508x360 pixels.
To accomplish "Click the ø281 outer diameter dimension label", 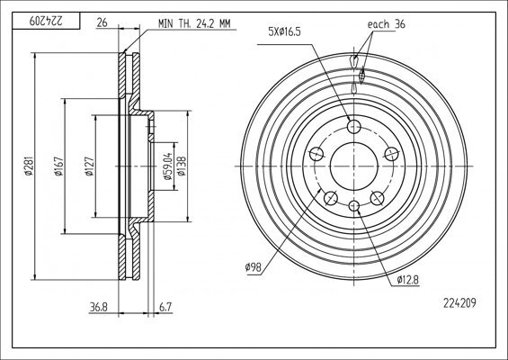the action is (29, 166).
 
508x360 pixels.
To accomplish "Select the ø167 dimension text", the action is (58, 166).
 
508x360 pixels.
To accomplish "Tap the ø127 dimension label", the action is (89, 166).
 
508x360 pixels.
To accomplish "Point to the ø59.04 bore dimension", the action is (167, 166).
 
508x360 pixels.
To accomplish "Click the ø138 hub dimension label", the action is (182, 166).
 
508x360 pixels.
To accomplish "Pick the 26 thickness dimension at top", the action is (102, 22).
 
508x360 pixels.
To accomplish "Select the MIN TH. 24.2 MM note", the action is (194, 23).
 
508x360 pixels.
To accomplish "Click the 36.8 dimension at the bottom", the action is (99, 307).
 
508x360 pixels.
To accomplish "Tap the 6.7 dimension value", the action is (165, 307).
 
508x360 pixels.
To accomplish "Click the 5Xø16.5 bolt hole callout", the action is (284, 31).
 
